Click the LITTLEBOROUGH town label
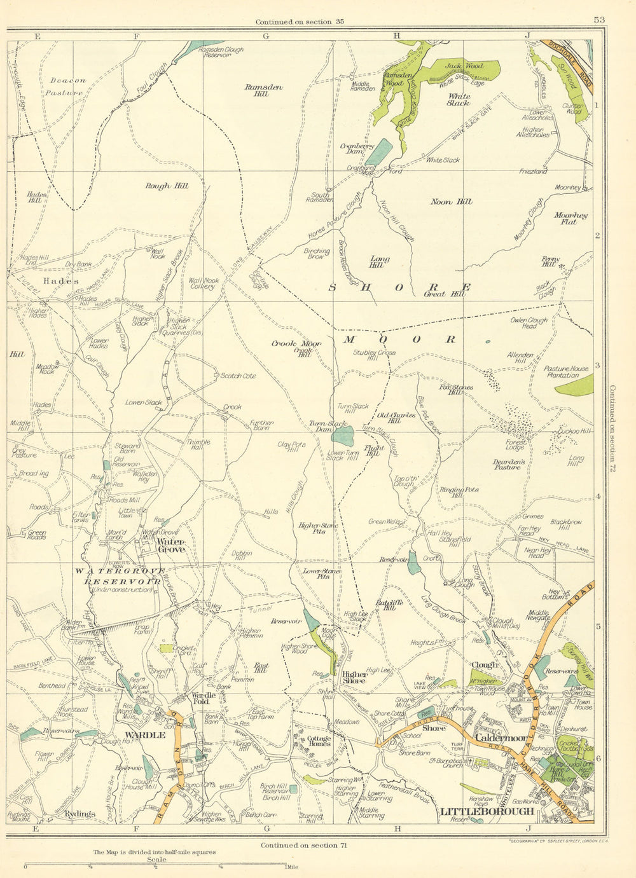point(487,812)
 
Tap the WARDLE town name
point(145,735)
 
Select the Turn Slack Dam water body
point(343,436)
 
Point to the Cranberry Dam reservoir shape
point(379,153)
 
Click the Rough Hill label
point(166,186)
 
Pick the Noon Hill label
point(451,202)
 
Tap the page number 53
point(598,20)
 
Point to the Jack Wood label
point(464,65)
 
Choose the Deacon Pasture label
point(67,86)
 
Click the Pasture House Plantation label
point(566,372)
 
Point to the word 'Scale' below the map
point(156,860)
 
